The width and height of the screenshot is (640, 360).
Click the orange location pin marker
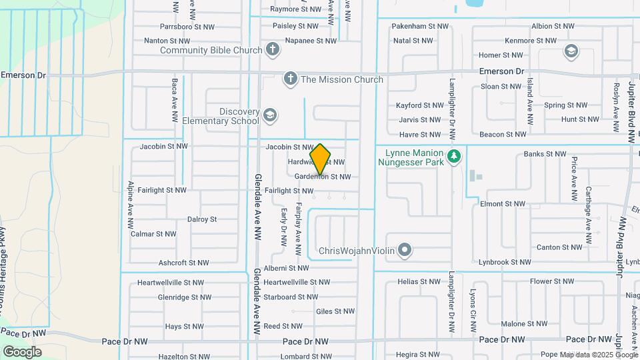[x=321, y=159]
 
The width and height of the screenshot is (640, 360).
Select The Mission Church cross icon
[x=290, y=79]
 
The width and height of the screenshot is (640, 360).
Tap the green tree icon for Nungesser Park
[x=455, y=157]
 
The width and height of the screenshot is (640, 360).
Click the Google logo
[x=22, y=352]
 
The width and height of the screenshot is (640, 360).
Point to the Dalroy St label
[x=202, y=219]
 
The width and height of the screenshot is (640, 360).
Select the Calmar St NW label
[x=153, y=234]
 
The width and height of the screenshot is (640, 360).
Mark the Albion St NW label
[x=553, y=26]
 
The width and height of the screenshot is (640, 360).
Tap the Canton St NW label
[x=558, y=247]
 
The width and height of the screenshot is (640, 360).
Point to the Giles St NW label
[x=335, y=311]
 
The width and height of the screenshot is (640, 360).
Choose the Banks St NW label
[x=545, y=154]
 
